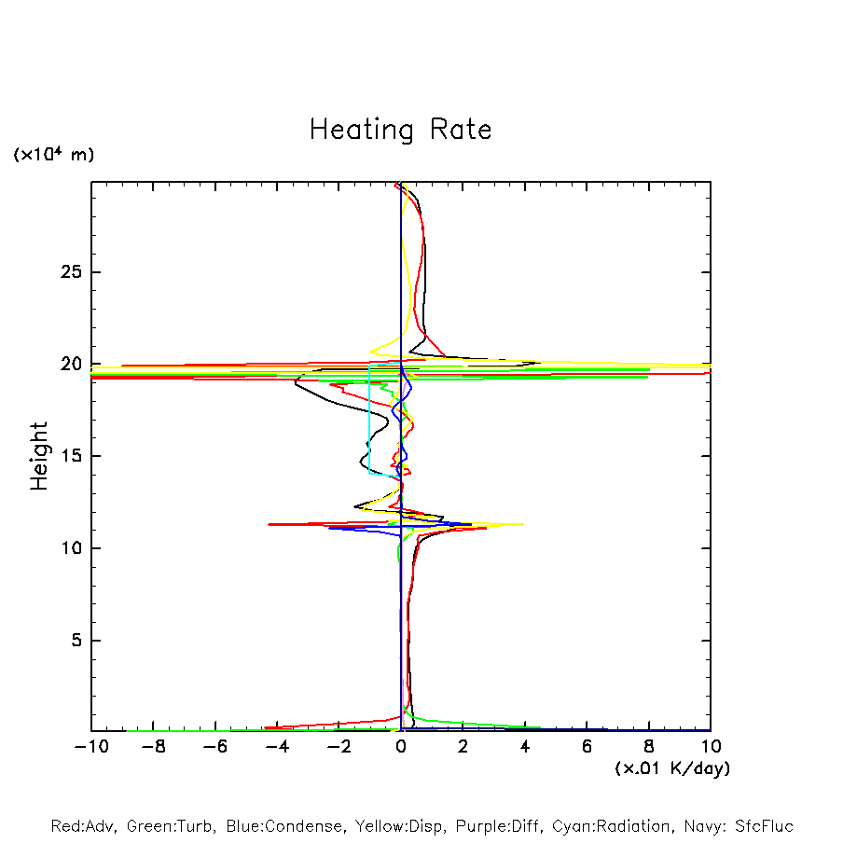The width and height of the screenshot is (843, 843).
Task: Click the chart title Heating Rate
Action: click(400, 130)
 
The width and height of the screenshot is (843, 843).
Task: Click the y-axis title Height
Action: click(39, 456)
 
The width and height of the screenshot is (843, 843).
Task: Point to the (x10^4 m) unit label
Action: click(53, 155)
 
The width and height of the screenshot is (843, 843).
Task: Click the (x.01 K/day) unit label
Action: click(672, 768)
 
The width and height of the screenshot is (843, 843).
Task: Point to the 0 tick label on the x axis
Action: click(401, 747)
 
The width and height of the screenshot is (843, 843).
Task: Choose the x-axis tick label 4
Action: click(525, 747)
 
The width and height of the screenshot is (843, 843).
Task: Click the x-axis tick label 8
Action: click(649, 747)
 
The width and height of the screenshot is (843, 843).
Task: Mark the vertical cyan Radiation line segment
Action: click(369, 420)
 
